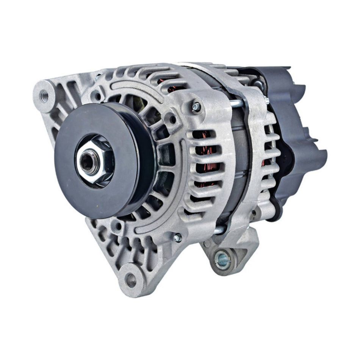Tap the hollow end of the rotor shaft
pos(88,162)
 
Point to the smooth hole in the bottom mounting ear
pos(131,281)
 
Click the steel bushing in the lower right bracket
pos(221,259)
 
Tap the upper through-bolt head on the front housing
pos(196,108)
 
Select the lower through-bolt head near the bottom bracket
pos(177,238)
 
